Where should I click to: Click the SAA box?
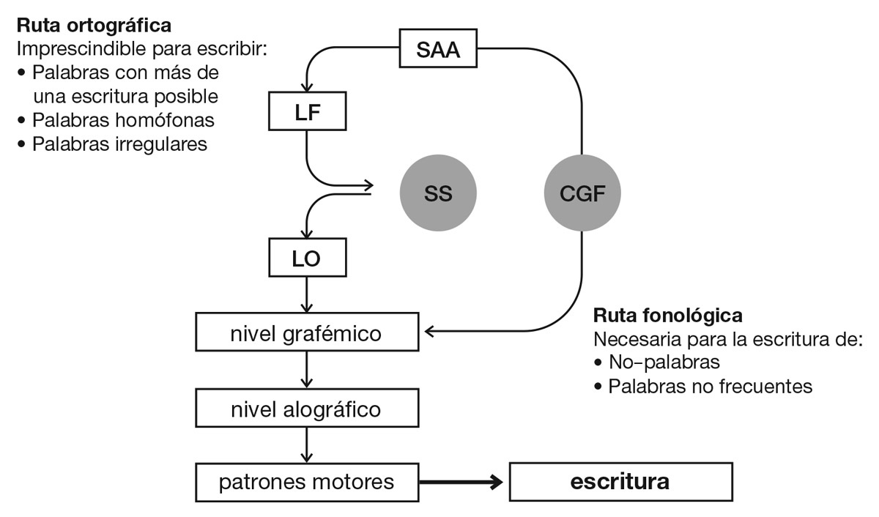(439, 51)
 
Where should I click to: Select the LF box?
(307, 114)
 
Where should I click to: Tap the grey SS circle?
(438, 193)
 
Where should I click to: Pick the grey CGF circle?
(582, 193)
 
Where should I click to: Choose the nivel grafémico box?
(307, 333)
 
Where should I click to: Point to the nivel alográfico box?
(307, 408)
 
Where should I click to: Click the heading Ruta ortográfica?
(94, 26)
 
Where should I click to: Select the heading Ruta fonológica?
(668, 316)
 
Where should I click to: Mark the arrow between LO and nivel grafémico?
(307, 297)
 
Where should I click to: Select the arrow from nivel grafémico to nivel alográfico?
(307, 371)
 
